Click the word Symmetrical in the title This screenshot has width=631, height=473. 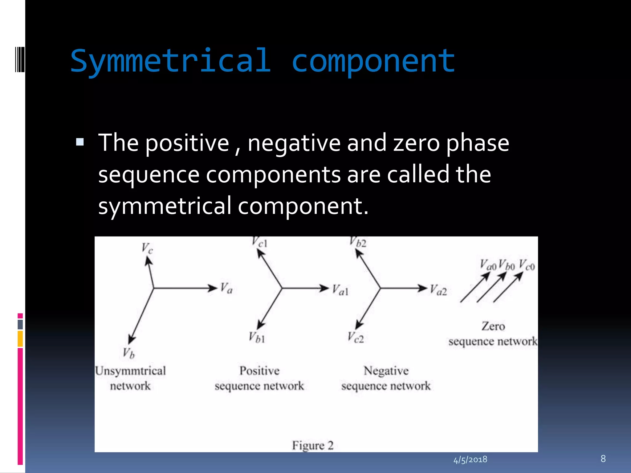coord(171,61)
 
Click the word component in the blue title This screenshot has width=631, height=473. coord(373,62)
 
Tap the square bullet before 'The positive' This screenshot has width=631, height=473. coord(80,142)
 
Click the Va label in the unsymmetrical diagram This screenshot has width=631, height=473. coord(226,288)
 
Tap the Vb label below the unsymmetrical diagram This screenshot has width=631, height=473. coord(129,353)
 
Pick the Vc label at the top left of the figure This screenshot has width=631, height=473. coord(147,248)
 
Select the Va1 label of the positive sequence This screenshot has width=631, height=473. coord(340,290)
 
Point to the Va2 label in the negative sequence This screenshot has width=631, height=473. coord(438,290)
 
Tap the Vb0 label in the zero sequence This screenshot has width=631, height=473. coord(507,265)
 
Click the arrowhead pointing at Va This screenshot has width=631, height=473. coord(213,288)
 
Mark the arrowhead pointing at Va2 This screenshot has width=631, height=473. coord(422,288)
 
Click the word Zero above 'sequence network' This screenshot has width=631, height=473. coord(493,326)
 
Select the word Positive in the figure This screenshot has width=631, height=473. coord(259,370)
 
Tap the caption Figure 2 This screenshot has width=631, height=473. coord(313,445)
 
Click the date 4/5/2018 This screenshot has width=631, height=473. coord(470,459)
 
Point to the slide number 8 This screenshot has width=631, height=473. coord(603,459)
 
